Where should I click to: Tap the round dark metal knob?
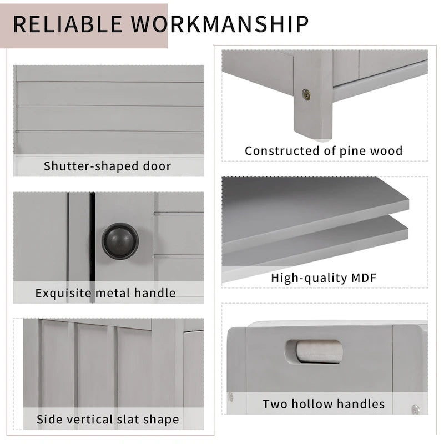(120, 241)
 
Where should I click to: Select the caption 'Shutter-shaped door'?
(108, 166)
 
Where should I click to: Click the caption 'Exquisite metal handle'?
(105, 292)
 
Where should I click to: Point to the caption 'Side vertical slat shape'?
(108, 419)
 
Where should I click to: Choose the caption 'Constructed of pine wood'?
(324, 150)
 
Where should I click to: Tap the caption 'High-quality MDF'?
(324, 277)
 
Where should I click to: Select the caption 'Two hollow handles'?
(324, 403)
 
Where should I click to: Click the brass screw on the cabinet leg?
(306, 94)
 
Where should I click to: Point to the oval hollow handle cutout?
(314, 351)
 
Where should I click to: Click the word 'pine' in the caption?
(350, 150)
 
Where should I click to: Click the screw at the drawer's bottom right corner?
(415, 409)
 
